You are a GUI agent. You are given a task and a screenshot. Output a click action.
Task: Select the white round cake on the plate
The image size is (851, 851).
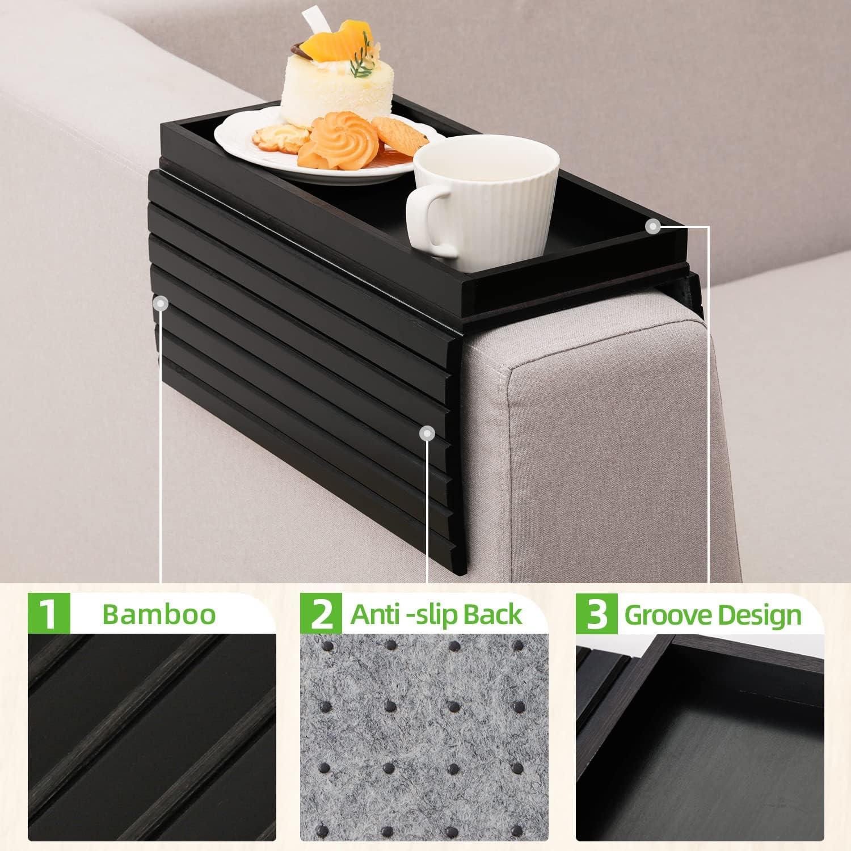pyautogui.click(x=332, y=91)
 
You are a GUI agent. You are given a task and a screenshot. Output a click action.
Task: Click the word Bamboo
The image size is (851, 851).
pyautogui.click(x=159, y=614)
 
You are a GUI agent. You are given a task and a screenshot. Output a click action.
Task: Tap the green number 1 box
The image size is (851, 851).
pyautogui.click(x=49, y=614)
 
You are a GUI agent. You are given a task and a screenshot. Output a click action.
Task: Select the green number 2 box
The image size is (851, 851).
pyautogui.click(x=321, y=614)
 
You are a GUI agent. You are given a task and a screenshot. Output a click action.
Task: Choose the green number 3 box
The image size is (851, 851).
pyautogui.click(x=596, y=614)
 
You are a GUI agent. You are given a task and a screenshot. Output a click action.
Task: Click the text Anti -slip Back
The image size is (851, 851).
pyautogui.click(x=436, y=614)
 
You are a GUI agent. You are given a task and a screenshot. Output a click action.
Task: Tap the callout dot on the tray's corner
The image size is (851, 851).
pyautogui.click(x=653, y=226)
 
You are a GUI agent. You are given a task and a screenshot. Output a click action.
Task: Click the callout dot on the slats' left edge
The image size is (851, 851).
pyautogui.click(x=162, y=304)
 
